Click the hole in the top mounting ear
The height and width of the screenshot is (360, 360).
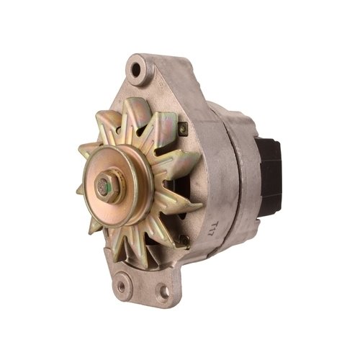coord(138,71)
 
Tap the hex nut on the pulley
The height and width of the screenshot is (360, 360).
coord(104,188)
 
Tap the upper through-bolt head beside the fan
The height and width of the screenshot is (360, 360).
coord(183,128)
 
